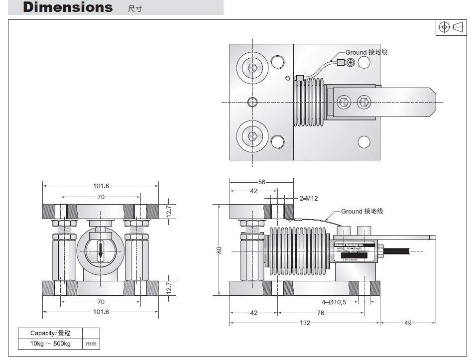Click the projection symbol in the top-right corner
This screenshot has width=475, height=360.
pos(451,27)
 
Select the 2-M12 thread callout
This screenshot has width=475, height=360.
pos(309,198)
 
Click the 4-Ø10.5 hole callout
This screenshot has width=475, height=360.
pos(334,302)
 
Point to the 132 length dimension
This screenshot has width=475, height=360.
pos(305,323)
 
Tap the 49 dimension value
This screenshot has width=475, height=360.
pos(408,323)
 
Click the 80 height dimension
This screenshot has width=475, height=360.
pos(219,250)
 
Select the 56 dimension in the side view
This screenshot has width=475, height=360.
pos(262,182)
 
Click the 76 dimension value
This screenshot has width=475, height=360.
pos(321,313)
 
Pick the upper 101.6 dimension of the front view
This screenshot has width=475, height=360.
pos(101,186)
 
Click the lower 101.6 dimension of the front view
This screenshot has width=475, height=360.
pos(101,312)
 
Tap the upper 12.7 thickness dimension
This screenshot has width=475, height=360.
pos(169,211)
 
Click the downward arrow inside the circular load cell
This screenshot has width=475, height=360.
pos(101,251)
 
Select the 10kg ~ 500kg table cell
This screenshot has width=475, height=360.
pos(50,344)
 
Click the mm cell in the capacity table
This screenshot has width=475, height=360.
pos(91,344)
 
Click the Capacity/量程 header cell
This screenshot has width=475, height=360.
pos(50,333)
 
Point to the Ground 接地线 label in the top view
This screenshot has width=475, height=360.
pos(366,52)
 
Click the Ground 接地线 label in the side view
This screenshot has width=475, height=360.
pos(362,211)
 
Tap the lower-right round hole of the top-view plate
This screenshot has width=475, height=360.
pos(364,142)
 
